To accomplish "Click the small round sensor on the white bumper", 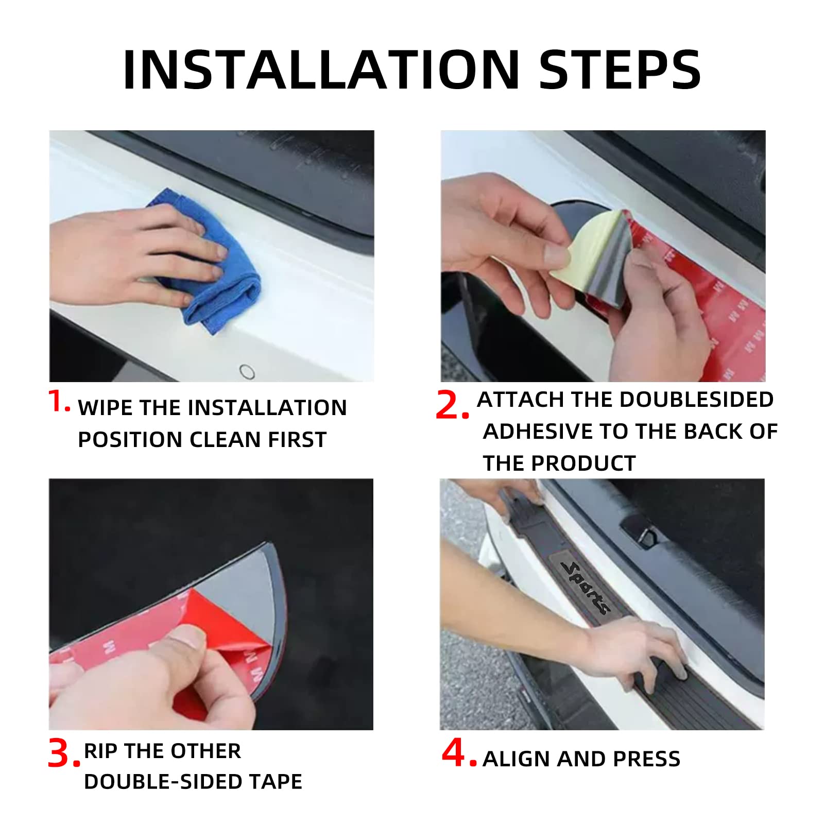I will pyautogui.click(x=247, y=371).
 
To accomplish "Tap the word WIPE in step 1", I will pyautogui.click(x=106, y=408).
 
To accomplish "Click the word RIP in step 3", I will pyautogui.click(x=101, y=751).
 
